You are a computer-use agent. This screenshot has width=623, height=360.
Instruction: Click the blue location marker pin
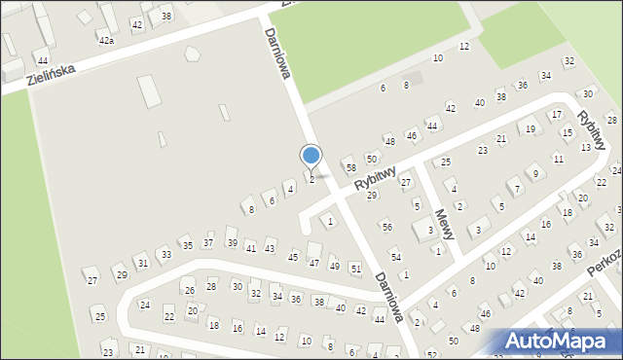pos(311,157)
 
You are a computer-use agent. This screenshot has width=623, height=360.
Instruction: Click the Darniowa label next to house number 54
pos(389,296)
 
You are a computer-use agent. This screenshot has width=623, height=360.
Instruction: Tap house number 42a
pos(106,41)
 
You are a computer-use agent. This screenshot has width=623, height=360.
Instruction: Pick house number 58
pos(350,168)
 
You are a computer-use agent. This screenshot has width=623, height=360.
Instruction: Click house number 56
pos(386,227)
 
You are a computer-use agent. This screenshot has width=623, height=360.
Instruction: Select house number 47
pos(313,263)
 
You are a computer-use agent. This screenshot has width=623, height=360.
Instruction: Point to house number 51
pos(355,269)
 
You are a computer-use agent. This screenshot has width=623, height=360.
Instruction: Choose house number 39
pos(232,242)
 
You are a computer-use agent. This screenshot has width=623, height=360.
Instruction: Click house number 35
pos(187,246)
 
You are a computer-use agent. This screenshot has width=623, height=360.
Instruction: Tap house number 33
pos(166,255)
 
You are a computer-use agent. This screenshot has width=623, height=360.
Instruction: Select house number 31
pos(142,263)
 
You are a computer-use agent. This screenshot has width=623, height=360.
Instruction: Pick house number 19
pos(530,128)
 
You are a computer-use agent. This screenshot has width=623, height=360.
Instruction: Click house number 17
pos(555,115)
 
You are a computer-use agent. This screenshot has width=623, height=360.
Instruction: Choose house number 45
pos(293,257)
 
